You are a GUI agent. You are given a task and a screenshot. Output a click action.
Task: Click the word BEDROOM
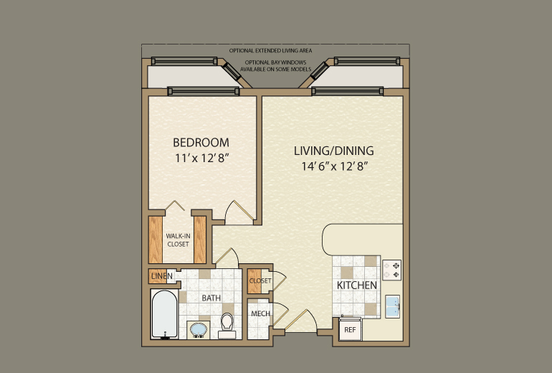coord(201,142)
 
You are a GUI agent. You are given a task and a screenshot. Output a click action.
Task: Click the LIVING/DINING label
coord(334,151)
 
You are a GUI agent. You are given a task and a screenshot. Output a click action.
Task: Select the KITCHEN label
coord(357,285)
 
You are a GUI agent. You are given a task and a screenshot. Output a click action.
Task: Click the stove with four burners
coord(392,269)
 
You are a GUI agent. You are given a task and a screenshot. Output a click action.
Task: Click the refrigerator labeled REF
coord(350,329)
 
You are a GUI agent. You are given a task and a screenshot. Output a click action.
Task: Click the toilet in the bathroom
coord(227,325)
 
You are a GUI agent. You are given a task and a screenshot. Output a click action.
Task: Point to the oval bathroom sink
coord(197,330)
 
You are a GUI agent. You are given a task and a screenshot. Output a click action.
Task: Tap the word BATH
coord(211,298)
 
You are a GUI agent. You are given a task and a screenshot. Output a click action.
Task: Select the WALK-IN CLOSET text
coord(178,240)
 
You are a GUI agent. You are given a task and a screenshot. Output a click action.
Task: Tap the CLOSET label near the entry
coord(260,280)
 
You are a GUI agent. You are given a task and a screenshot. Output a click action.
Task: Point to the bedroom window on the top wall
coord(203,90)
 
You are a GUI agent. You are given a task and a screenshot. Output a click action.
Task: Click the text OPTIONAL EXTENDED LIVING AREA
coord(276,51)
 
